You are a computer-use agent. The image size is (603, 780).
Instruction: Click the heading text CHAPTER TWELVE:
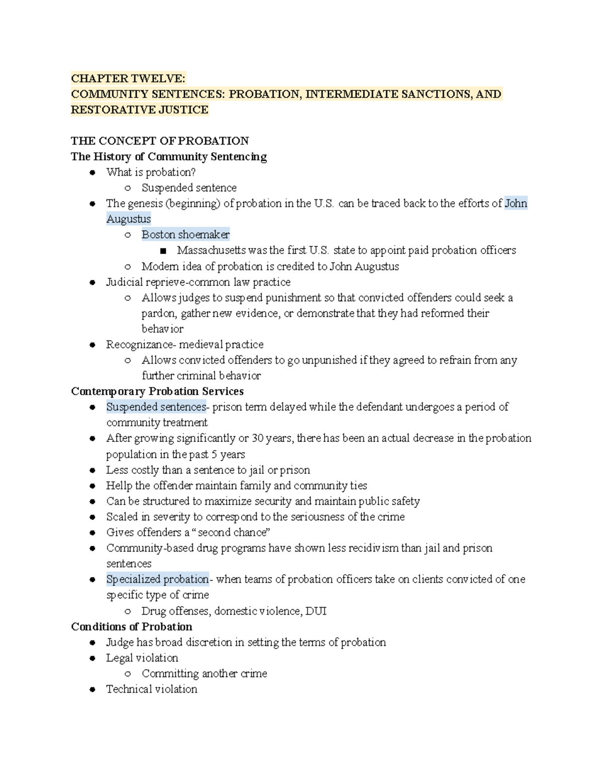pyautogui.click(x=128, y=78)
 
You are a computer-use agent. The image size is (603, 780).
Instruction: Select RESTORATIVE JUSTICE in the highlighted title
pyautogui.click(x=140, y=109)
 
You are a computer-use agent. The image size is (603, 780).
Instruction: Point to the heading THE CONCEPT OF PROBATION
pyautogui.click(x=160, y=141)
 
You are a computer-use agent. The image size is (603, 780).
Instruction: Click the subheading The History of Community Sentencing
pyautogui.click(x=169, y=157)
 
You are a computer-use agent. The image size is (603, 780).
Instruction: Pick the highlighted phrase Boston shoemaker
pyautogui.click(x=185, y=235)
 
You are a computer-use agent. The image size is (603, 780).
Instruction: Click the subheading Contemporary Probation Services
pyautogui.click(x=157, y=391)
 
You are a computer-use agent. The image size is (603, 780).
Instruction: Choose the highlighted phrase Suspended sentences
pyautogui.click(x=156, y=407)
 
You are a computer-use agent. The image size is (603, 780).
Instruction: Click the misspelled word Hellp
pyautogui.click(x=119, y=486)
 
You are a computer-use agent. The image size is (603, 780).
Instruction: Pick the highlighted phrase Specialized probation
pyautogui.click(x=157, y=579)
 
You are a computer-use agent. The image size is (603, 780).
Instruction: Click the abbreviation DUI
pyautogui.click(x=316, y=611)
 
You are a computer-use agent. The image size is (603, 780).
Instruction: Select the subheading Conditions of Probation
pyautogui.click(x=132, y=627)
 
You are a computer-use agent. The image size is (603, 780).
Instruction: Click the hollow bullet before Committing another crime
pyautogui.click(x=128, y=674)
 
